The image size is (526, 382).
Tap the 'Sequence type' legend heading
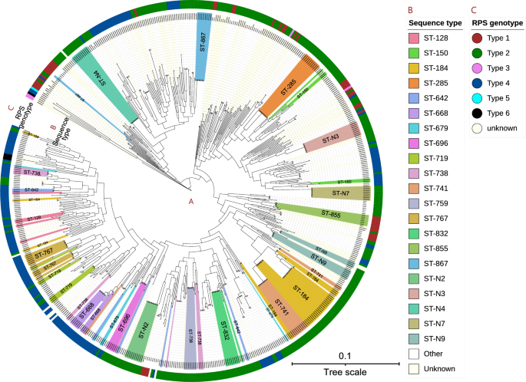(x=434, y=22)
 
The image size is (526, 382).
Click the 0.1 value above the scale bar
(x=344, y=355)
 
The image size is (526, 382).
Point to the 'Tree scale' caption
(x=344, y=372)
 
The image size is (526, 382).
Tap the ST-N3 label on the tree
(x=331, y=140)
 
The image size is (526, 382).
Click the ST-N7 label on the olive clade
(x=341, y=190)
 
